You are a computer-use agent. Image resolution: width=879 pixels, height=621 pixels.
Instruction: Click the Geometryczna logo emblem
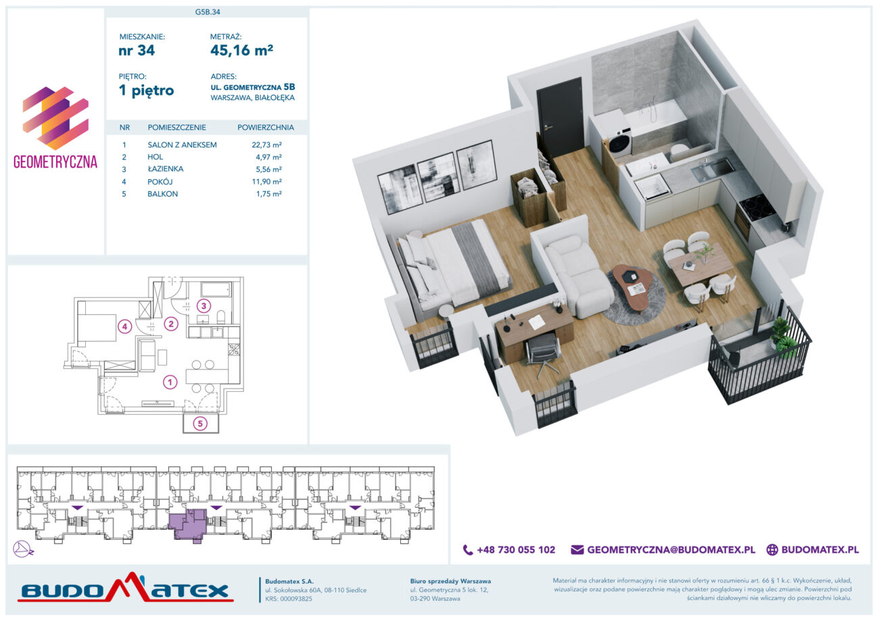pyautogui.click(x=55, y=118)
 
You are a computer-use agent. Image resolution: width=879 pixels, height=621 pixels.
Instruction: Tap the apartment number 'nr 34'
pyautogui.click(x=137, y=51)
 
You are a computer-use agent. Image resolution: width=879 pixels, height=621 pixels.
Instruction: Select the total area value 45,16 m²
pyautogui.click(x=242, y=50)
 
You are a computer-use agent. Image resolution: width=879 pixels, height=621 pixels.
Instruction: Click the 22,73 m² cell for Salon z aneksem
pyautogui.click(x=267, y=145)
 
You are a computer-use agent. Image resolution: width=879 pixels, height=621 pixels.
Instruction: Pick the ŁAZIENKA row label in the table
pyautogui.click(x=166, y=169)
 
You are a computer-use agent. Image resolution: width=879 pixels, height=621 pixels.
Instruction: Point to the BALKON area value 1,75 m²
pyautogui.click(x=269, y=194)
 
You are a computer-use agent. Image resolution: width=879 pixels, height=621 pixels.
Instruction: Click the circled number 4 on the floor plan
pyautogui.click(x=125, y=326)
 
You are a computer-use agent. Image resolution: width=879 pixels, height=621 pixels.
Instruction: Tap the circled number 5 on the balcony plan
pyautogui.click(x=200, y=424)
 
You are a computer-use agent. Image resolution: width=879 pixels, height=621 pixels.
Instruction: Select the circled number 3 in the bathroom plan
pyautogui.click(x=204, y=306)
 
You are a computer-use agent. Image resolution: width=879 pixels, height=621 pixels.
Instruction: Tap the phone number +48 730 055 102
pyautogui.click(x=516, y=549)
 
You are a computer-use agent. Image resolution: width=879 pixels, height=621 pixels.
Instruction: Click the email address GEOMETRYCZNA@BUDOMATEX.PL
pyautogui.click(x=671, y=549)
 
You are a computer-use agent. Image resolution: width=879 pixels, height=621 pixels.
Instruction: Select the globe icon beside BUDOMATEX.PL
pyautogui.click(x=772, y=549)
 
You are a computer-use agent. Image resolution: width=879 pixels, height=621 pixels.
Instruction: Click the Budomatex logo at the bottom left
pyautogui.click(x=126, y=588)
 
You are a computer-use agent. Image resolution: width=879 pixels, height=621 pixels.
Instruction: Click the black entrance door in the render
pyautogui.click(x=560, y=118)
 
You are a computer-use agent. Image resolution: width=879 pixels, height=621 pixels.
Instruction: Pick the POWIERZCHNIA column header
pyautogui.click(x=266, y=128)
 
